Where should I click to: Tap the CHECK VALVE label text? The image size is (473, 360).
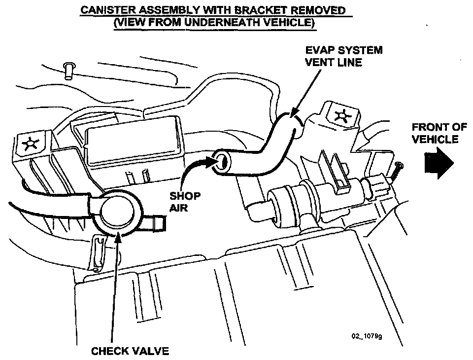[130, 351]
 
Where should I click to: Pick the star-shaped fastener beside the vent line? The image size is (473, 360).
[340, 116]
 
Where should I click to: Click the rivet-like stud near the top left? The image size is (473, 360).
[68, 70]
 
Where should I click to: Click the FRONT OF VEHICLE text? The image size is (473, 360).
[439, 133]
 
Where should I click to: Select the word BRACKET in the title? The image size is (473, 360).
[257, 10]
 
